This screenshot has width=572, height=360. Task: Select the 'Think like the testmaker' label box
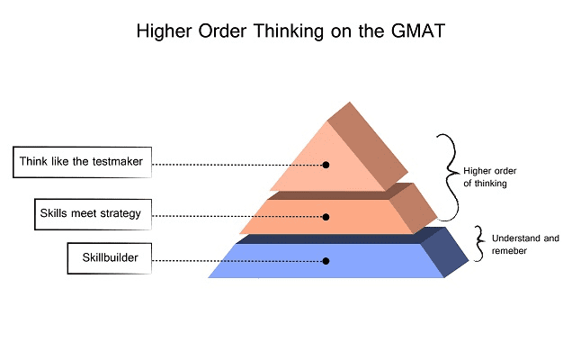click(83, 163)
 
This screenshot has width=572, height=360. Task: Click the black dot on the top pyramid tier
click(326, 165)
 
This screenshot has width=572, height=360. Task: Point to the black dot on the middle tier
click(326, 217)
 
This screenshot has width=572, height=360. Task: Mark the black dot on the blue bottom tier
click(326, 261)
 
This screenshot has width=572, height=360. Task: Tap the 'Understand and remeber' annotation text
click(524, 244)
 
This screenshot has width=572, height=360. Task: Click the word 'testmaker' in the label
click(118, 163)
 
